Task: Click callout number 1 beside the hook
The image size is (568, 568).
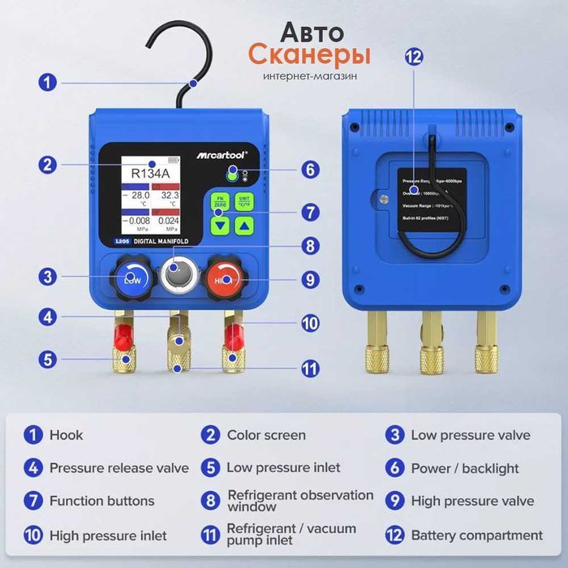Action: (48, 83)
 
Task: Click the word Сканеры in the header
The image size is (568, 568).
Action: (309, 55)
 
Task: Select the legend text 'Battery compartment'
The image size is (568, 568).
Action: (476, 536)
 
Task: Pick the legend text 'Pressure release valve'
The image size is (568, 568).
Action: (118, 468)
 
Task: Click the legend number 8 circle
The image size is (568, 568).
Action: (211, 501)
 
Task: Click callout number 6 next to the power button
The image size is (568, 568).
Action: (309, 170)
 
